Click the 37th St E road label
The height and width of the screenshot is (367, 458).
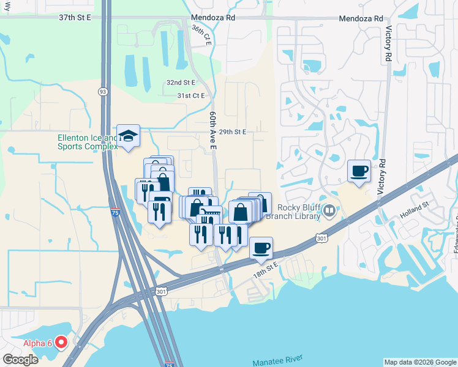pyautogui.click(x=75, y=18)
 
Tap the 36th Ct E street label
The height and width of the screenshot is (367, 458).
pyautogui.click(x=201, y=37)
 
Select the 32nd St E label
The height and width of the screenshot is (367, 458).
pyautogui.click(x=181, y=83)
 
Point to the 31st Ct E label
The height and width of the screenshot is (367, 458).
pyautogui.click(x=190, y=96)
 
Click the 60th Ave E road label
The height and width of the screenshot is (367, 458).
pyautogui.click(x=213, y=130)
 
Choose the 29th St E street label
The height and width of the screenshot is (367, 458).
pyautogui.click(x=233, y=132)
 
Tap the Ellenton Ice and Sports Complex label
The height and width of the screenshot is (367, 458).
pyautogui.click(x=87, y=143)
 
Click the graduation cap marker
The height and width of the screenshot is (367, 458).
pyautogui.click(x=129, y=135)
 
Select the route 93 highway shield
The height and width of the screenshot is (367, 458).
pyautogui.click(x=103, y=91)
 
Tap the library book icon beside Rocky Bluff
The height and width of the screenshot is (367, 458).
pyautogui.click(x=330, y=212)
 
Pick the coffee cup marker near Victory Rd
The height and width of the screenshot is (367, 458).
pyautogui.click(x=359, y=171)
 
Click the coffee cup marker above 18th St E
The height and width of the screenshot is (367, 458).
pyautogui.click(x=261, y=248)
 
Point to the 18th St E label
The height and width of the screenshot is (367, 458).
pyautogui.click(x=267, y=267)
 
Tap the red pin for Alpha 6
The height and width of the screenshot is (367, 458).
pyautogui.click(x=61, y=342)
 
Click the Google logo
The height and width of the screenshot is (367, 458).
pyautogui.click(x=20, y=360)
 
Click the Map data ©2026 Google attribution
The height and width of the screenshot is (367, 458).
pyautogui.click(x=420, y=362)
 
